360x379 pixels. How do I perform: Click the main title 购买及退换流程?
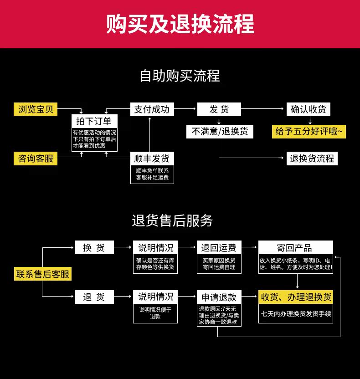pos(180,24)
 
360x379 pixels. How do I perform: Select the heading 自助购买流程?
pos(180,76)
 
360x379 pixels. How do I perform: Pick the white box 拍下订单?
pos(94,121)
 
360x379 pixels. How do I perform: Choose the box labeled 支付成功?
pos(152,109)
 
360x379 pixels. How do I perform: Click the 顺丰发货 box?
pos(152,159)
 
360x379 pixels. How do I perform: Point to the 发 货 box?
pos(219,109)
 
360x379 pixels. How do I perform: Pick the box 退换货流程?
pos(312,159)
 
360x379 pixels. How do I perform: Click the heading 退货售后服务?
pos(172,221)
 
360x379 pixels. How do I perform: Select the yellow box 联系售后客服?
pos(43,274)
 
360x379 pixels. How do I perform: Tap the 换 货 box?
pos(94,248)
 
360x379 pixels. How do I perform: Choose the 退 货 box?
pos(94,297)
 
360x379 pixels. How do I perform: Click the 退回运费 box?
pos(219,248)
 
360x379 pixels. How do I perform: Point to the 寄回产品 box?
pos(296,248)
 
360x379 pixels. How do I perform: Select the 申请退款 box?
pos(219,297)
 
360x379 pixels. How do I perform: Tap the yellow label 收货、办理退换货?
pos(296,297)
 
